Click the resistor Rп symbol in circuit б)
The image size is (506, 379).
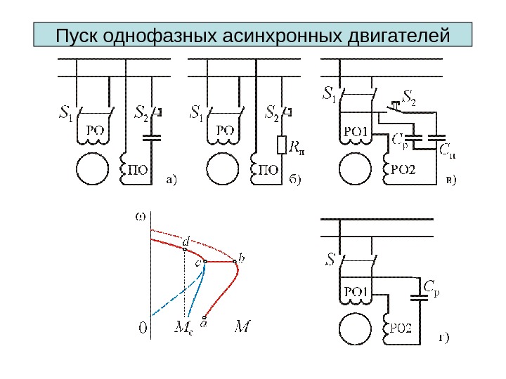click(x=282, y=145)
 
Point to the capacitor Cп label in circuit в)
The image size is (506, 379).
click(x=447, y=149)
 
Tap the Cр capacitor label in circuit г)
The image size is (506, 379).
click(x=432, y=286)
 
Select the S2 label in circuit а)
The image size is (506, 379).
click(x=141, y=112)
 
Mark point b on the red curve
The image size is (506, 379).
click(x=235, y=262)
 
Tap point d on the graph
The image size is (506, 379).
click(x=185, y=248)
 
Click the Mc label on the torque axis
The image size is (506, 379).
click(x=181, y=327)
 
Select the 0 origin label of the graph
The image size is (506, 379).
click(x=143, y=327)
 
